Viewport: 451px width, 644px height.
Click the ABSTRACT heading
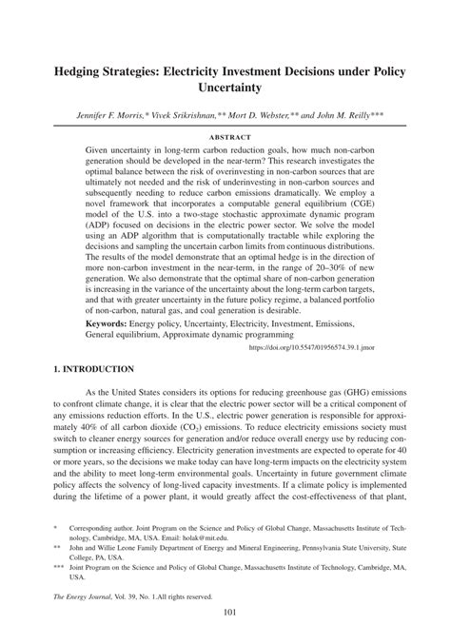coord(225,137)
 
